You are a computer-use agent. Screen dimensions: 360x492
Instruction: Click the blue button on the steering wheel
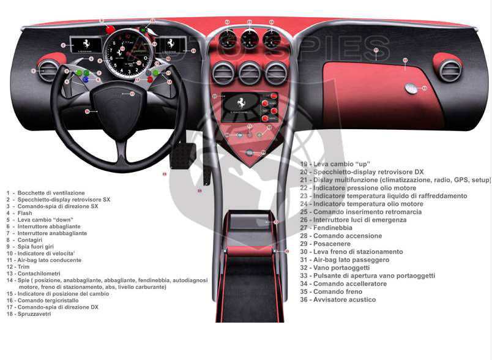pyautogui.click(x=86, y=80)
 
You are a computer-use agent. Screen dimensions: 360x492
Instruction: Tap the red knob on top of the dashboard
pyautogui.click(x=110, y=29)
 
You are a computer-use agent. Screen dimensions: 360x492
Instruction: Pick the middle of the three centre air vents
pyautogui.click(x=250, y=72)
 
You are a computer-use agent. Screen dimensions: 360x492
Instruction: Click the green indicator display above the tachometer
pyautogui.click(x=144, y=29)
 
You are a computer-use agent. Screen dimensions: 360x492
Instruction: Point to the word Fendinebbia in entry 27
pyautogui.click(x=335, y=228)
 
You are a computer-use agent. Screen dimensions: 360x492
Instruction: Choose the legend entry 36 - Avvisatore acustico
pyautogui.click(x=337, y=300)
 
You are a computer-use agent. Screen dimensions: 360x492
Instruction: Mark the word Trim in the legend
pyautogui.click(x=24, y=266)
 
